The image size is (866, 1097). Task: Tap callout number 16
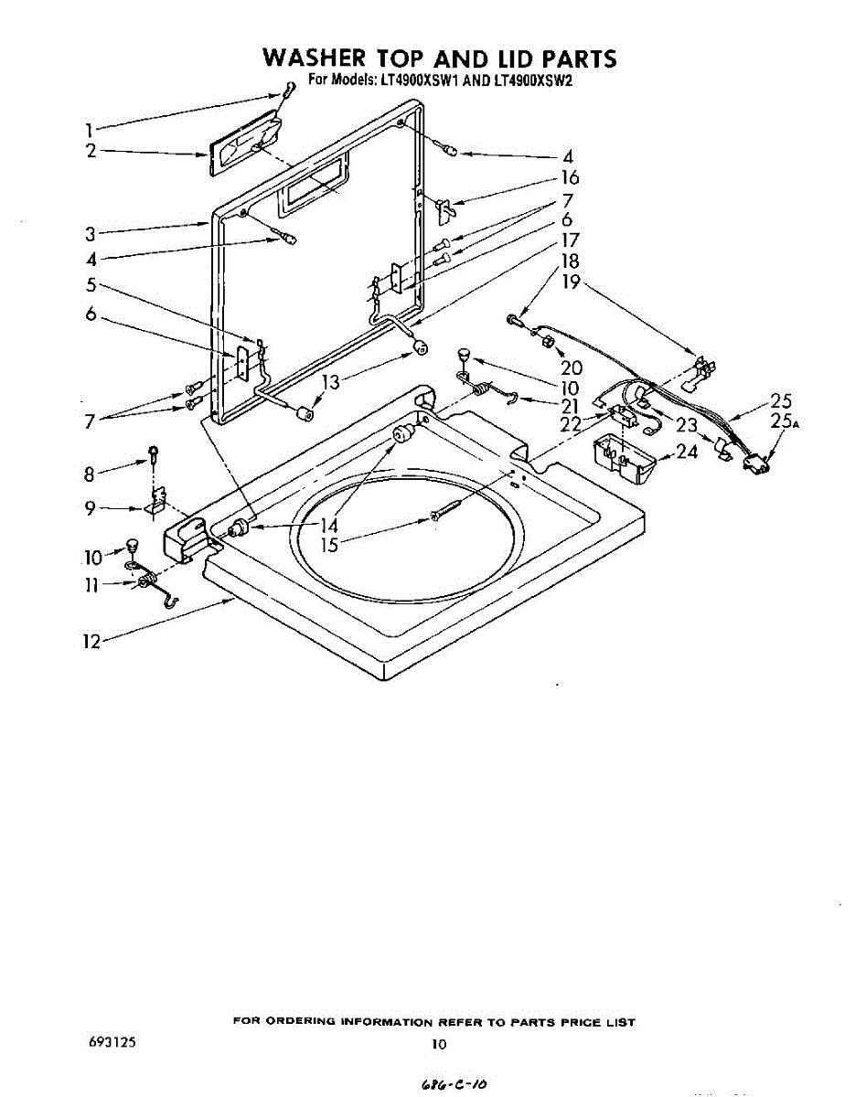point(569,177)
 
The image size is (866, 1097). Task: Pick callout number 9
point(90,508)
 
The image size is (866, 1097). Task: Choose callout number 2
point(91,151)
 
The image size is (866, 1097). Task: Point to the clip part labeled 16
point(444,208)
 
